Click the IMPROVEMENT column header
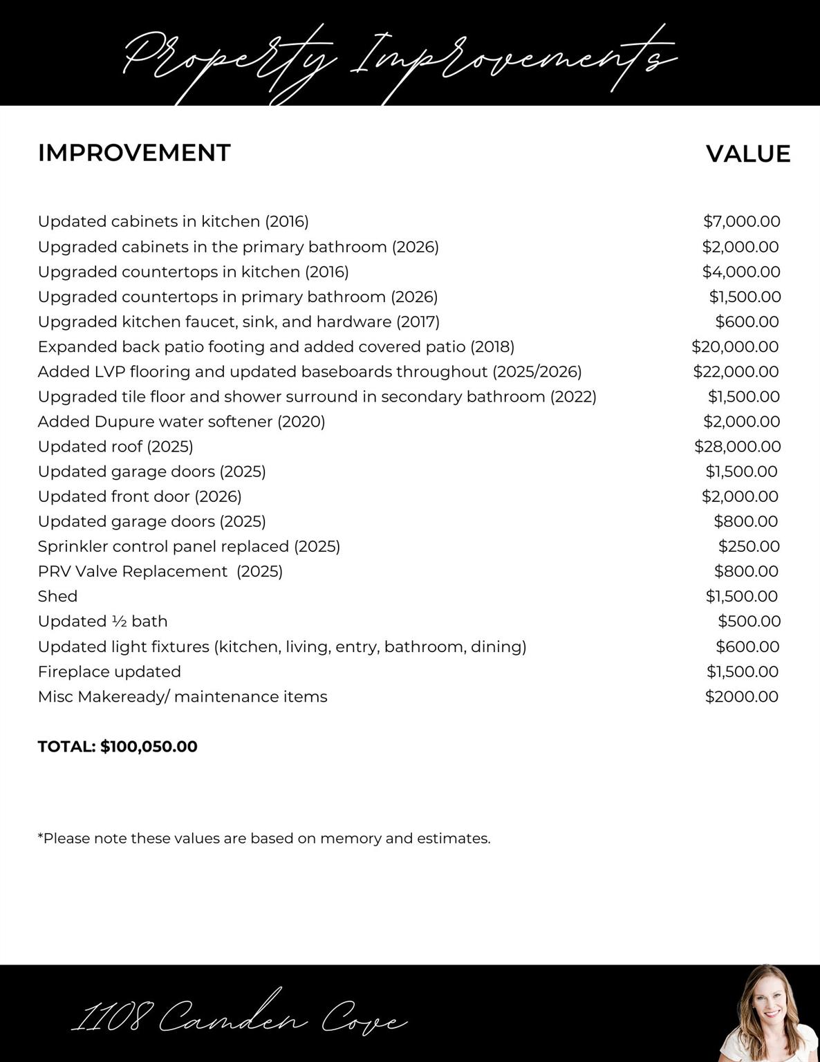click(x=134, y=153)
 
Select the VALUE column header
click(x=747, y=153)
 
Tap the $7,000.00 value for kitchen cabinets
click(x=741, y=221)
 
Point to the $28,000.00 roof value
click(x=737, y=447)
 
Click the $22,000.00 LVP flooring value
click(x=736, y=372)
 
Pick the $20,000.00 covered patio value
click(x=735, y=347)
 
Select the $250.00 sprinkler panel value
click(x=749, y=546)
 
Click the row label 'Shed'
click(x=57, y=596)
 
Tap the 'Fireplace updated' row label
click(x=109, y=671)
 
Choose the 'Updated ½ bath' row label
click(x=102, y=621)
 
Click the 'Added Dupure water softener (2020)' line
click(x=181, y=422)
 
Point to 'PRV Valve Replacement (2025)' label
click(x=160, y=571)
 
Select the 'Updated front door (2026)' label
click(x=140, y=496)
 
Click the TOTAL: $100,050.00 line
click(x=118, y=747)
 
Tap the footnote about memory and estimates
click(x=264, y=839)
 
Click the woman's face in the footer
click(x=768, y=1003)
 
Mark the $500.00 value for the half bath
click(x=749, y=621)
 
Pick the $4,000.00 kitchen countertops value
click(x=741, y=272)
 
